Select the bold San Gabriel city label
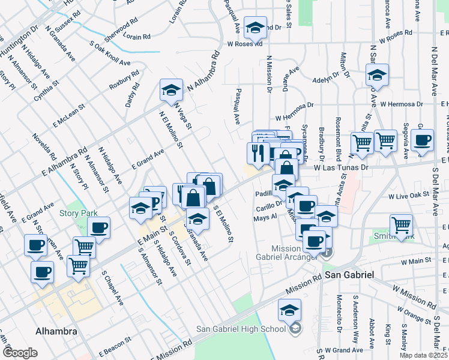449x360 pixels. pos(349,274)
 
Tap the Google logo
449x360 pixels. pos(20,353)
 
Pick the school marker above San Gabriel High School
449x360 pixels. pos(290,310)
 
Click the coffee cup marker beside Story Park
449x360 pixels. pos(99,228)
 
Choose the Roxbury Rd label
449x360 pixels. pos(124,80)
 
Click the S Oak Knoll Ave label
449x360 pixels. pos(110,53)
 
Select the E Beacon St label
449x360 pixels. pos(113,344)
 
